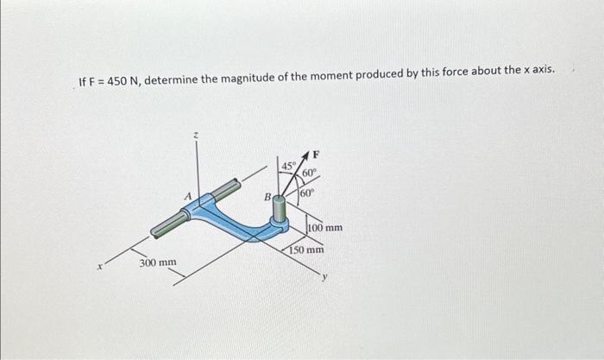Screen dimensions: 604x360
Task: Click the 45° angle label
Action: [x=288, y=166]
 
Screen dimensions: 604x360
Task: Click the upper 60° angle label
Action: [x=309, y=173]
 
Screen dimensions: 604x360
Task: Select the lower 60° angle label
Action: [x=307, y=193]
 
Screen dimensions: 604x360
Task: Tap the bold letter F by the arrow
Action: [x=316, y=155]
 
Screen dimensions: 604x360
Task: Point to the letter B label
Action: [x=267, y=197]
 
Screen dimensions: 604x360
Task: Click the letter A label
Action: [x=187, y=196]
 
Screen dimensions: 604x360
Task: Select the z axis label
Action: [x=196, y=136]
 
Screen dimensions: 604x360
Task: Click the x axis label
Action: [x=100, y=266]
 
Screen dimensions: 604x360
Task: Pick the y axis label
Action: [x=325, y=276]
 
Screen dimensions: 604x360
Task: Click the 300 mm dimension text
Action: [x=158, y=262]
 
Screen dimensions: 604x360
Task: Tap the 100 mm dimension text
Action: [x=325, y=227]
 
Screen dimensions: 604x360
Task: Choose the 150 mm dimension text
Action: [x=306, y=249]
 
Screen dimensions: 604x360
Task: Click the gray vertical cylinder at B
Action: [x=280, y=209]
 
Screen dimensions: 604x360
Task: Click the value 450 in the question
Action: [x=116, y=81]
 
